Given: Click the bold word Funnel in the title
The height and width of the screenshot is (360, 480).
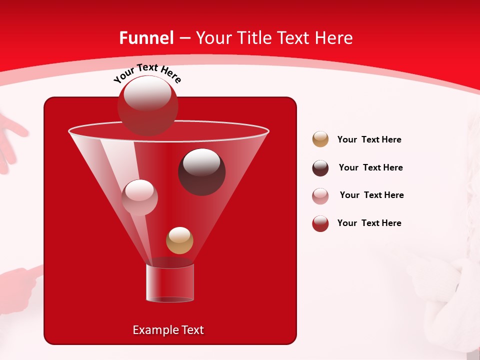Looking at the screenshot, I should [146, 38].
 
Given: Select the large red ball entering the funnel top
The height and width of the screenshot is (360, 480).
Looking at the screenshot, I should [147, 105].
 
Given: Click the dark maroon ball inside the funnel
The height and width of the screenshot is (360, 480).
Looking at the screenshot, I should [201, 171].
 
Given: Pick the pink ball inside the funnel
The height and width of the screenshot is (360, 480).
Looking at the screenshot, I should [139, 197].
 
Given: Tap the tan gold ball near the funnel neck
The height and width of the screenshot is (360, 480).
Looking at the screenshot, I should [179, 240].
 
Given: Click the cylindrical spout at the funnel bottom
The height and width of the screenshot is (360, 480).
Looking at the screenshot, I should [169, 283].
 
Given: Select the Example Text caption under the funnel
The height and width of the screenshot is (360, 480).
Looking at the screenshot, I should [168, 330].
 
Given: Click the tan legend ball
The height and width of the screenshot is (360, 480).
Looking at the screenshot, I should [320, 139].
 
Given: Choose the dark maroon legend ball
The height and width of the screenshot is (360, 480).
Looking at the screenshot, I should [320, 168].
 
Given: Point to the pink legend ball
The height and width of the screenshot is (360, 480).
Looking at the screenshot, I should [320, 196].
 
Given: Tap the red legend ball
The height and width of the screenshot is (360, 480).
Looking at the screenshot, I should [320, 223].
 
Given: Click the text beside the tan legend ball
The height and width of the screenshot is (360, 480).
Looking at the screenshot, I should [369, 139].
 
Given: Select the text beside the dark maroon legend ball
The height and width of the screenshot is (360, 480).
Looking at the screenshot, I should [370, 167].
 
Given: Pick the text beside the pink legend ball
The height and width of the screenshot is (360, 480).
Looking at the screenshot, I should [371, 195].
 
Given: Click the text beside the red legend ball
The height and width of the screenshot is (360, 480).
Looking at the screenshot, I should [369, 223].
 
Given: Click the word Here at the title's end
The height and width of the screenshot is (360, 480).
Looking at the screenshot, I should [333, 38].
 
